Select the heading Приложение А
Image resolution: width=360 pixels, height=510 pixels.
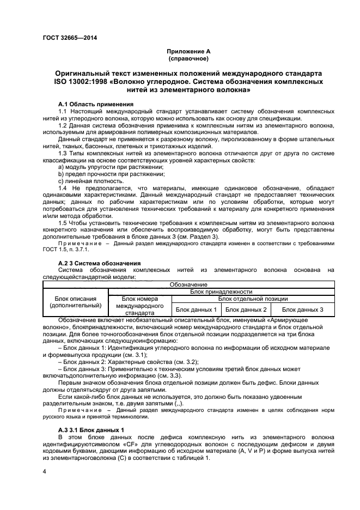tap(188, 51)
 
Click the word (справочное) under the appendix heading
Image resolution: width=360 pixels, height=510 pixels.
tap(188, 58)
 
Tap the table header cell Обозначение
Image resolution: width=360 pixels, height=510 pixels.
tap(188, 284)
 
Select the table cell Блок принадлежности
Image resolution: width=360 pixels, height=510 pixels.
tap(221, 292)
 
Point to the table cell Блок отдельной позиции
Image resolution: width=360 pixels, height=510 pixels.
tap(253, 299)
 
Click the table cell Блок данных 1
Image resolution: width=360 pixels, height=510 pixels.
tap(196, 309)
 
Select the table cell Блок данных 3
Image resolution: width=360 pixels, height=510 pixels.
tap(302, 309)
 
